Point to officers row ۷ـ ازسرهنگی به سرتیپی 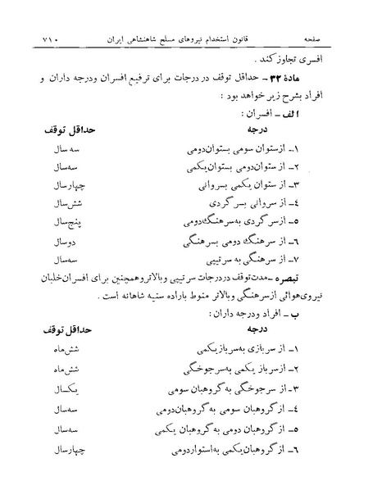[283, 260]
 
